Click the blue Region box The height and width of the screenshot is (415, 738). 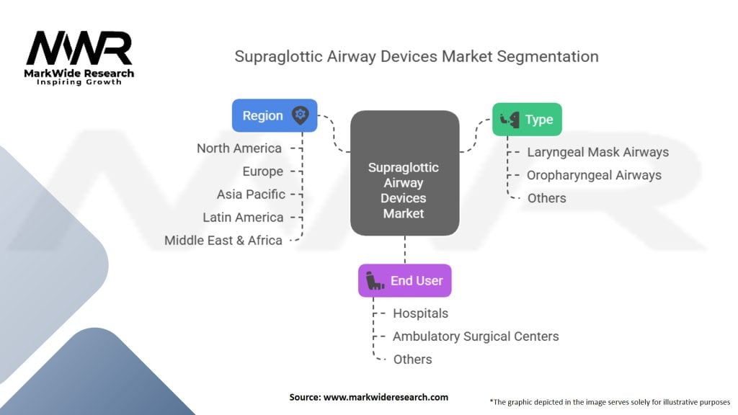[x=275, y=115]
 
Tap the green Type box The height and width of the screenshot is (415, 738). [x=527, y=120]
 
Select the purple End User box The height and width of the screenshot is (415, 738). [x=405, y=280]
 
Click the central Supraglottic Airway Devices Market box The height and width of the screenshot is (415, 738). [x=405, y=173]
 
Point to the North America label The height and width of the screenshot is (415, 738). [x=239, y=148]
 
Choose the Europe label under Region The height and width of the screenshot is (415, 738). [x=262, y=171]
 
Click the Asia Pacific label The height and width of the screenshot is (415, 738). [x=251, y=195]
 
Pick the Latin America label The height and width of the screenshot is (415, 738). [x=243, y=218]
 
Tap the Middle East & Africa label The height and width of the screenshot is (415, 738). [x=223, y=241]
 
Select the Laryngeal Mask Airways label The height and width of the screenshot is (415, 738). [x=597, y=152]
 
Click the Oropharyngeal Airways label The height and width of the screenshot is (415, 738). [x=594, y=175]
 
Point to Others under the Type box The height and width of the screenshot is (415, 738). [x=546, y=198]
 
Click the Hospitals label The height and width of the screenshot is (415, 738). [x=420, y=313]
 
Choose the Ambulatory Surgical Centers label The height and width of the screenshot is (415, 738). [x=476, y=336]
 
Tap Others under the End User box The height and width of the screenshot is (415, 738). [x=412, y=360]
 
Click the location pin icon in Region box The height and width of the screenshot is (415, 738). [x=301, y=115]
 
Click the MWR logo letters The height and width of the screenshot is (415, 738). [x=79, y=48]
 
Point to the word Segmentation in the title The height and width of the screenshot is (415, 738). [x=548, y=57]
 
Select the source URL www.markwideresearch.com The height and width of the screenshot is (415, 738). [x=386, y=397]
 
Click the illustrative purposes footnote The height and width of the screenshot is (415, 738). [x=610, y=402]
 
